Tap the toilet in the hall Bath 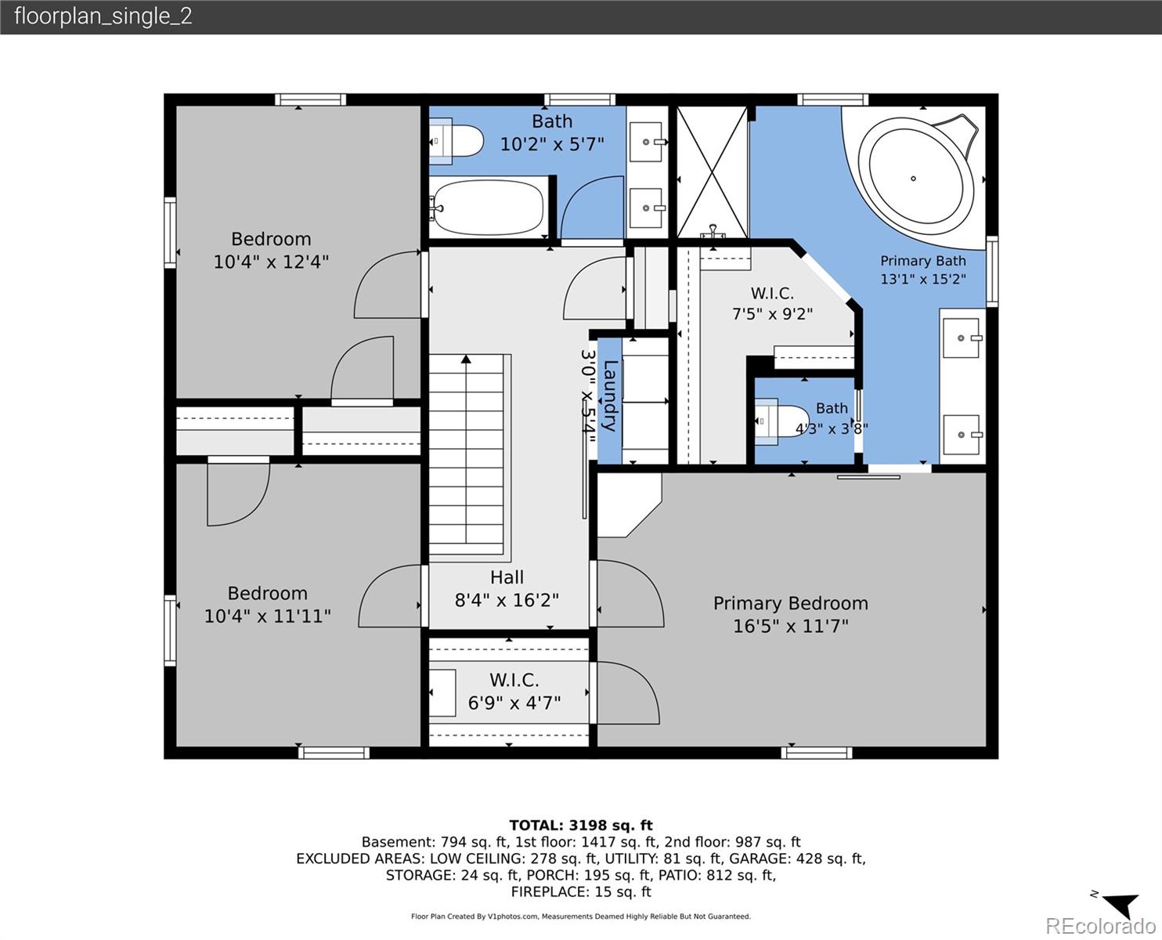pos(456,141)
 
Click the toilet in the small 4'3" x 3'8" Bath pos(782,421)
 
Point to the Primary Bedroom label pos(791,603)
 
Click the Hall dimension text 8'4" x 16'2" pos(507,600)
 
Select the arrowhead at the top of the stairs pos(466,359)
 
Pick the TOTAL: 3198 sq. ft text pos(581,825)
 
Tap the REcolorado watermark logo pos(1100,925)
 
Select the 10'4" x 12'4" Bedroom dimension pos(271,262)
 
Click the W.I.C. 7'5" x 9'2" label pos(772,303)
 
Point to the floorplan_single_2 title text pos(103,16)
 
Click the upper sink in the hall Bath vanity pos(646,142)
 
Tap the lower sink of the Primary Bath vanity pos(962,435)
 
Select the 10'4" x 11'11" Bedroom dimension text pos(267,616)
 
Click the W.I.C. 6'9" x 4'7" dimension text pos(514,703)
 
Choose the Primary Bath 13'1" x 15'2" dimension pos(923,279)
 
